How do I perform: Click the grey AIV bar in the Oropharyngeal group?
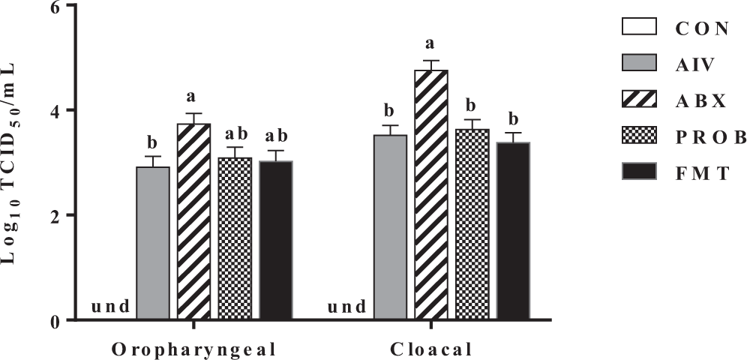153,243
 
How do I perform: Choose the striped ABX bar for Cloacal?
432,195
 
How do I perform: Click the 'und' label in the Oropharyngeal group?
109,307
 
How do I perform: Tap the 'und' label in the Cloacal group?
347,307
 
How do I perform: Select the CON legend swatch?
639,28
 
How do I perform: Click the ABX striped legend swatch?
639,100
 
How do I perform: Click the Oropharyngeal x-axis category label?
193,349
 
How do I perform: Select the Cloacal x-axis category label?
432,349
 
